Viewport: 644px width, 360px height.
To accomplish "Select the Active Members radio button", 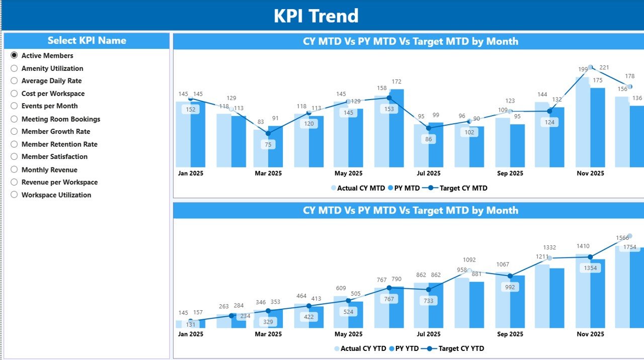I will click(x=14, y=55).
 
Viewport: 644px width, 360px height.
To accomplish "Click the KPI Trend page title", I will click(x=316, y=16).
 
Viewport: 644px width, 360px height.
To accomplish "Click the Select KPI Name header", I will click(x=87, y=41).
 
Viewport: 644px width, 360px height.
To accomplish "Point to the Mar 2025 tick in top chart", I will click(x=268, y=173).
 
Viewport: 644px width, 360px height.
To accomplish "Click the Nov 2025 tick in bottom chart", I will click(x=590, y=334).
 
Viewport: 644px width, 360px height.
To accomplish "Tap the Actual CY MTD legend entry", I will click(x=357, y=188).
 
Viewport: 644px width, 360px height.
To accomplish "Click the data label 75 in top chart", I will click(x=268, y=144).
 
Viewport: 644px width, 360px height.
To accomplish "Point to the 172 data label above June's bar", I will click(x=396, y=81).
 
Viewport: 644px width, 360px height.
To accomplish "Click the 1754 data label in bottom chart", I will click(x=630, y=247).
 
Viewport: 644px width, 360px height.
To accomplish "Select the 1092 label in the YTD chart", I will click(x=469, y=260).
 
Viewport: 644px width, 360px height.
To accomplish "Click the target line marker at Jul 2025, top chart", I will click(x=429, y=128).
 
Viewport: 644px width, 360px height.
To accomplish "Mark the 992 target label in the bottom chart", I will click(x=510, y=288).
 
